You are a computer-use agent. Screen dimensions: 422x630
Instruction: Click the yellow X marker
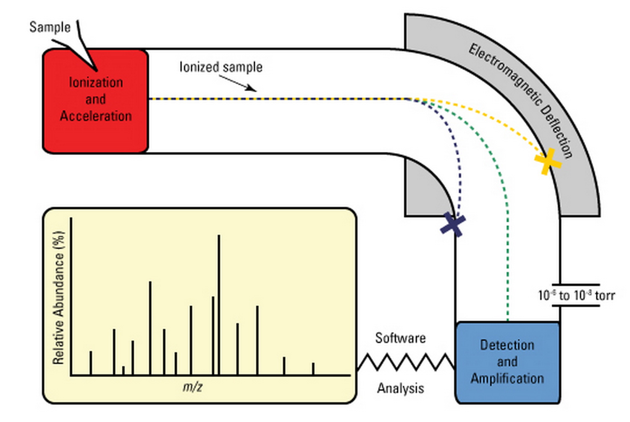[x=547, y=161]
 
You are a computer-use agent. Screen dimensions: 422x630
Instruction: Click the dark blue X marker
[x=453, y=224]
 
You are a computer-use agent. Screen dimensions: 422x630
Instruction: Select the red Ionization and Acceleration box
[x=96, y=101]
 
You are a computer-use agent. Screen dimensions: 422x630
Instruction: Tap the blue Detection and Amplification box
[x=507, y=362]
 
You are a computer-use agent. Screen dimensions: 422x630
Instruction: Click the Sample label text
[x=50, y=27]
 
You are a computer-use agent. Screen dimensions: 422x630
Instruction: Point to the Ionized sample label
[x=221, y=67]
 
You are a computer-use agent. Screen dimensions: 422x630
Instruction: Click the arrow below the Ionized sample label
[x=237, y=83]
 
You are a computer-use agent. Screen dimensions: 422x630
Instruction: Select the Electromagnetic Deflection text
[x=521, y=101]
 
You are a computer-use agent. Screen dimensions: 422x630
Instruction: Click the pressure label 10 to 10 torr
[x=576, y=295]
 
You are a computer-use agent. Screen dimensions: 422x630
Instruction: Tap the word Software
[x=400, y=338]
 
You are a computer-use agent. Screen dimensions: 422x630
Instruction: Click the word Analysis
[x=400, y=388]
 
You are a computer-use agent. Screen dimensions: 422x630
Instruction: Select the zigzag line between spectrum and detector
[x=406, y=362]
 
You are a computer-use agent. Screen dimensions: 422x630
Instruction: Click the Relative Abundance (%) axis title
[x=58, y=297]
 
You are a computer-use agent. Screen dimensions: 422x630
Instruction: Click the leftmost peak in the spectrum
[x=91, y=363]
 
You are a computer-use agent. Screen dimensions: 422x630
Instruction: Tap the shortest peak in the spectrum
[x=123, y=370]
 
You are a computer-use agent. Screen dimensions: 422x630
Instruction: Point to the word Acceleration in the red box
[x=96, y=116]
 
